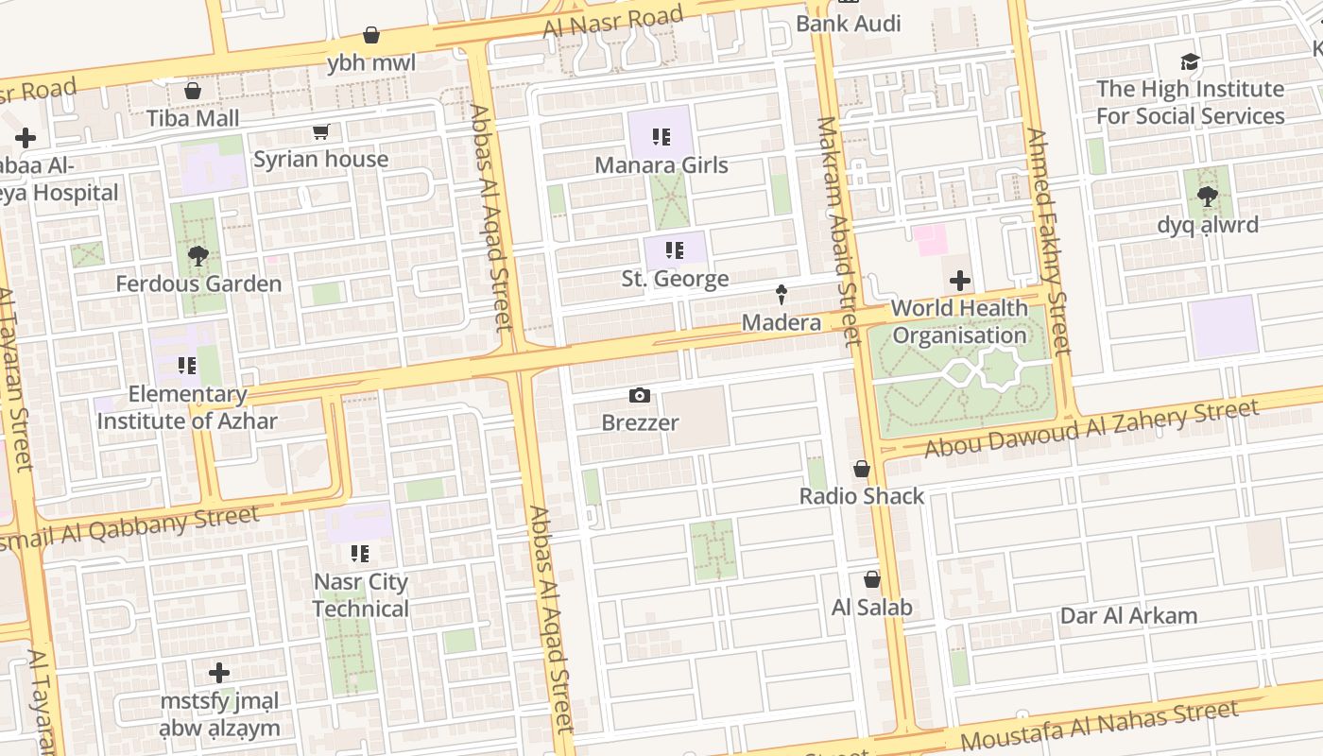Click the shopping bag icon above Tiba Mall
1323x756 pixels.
[193, 91]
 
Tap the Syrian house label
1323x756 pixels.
[320, 159]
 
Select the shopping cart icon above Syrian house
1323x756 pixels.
[320, 132]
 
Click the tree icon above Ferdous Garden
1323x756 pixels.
[198, 256]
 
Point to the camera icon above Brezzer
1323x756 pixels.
[640, 395]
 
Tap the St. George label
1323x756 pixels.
[675, 279]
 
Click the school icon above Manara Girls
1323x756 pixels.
[661, 137]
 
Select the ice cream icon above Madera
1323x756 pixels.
[782, 295]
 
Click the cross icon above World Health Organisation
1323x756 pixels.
[959, 281]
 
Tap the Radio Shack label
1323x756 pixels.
[862, 496]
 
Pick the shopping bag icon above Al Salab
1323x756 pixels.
[871, 579]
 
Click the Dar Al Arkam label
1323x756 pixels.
[1128, 616]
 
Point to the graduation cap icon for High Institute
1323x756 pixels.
[1190, 62]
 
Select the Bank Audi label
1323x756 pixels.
[849, 24]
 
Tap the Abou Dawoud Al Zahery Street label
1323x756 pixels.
[1091, 428]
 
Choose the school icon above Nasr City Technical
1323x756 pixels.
[360, 553]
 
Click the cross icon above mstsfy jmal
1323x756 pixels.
[219, 673]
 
